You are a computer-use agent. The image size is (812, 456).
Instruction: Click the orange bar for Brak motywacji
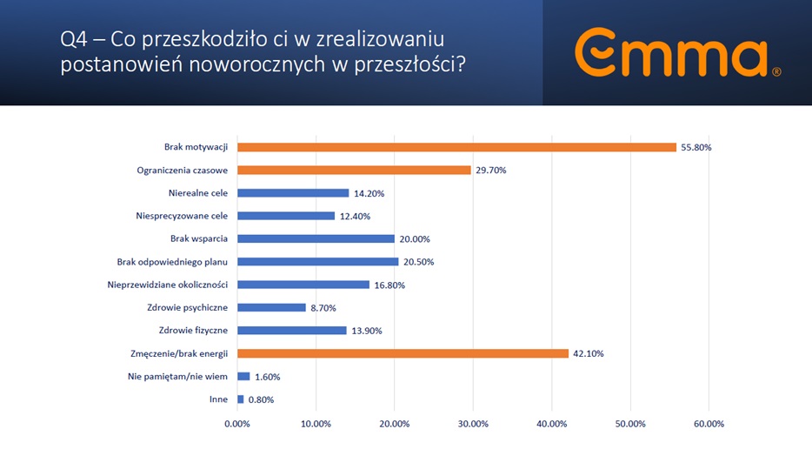coord(456,147)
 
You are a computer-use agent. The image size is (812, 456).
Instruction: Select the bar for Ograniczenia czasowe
coord(354,170)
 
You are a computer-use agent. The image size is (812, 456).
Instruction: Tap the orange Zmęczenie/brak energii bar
coord(403,353)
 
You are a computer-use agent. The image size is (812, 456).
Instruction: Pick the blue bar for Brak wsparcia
coord(316,238)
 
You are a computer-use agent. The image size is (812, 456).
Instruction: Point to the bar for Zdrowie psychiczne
coord(271,307)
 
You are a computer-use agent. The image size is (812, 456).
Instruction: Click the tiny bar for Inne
coord(241,399)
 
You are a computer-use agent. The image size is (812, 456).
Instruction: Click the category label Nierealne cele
coord(198,192)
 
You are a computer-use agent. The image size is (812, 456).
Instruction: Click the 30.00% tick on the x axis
coord(473,424)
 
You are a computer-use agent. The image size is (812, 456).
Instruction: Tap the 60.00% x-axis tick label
coord(708,424)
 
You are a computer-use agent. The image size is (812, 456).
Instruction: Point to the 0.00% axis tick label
coord(237,424)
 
